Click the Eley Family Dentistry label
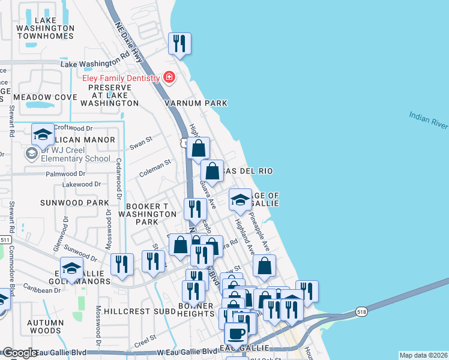(x=121, y=78)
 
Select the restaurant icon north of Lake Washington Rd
(x=179, y=43)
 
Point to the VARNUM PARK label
(x=196, y=103)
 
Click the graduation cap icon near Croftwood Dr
(x=42, y=136)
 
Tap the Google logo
(x=19, y=353)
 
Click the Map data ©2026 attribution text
(x=423, y=355)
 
